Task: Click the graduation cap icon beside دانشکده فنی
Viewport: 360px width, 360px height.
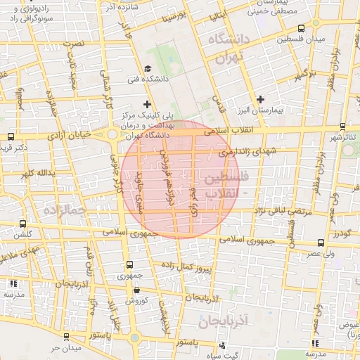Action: pyautogui.click(x=147, y=68)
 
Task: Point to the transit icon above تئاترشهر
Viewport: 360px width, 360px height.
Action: pyautogui.click(x=342, y=127)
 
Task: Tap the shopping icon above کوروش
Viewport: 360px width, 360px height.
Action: pyautogui.click(x=136, y=289)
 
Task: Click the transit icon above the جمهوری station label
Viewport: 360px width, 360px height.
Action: pyautogui.click(x=129, y=264)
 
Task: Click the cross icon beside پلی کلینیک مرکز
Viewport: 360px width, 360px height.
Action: pyautogui.click(x=146, y=104)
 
